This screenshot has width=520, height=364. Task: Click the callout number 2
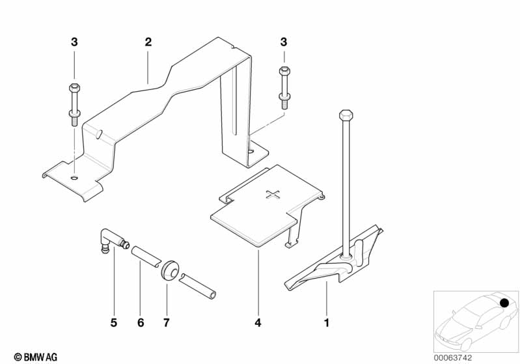[x=148, y=42]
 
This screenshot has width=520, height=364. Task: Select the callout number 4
[x=258, y=322]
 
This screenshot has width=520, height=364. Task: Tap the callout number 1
[x=327, y=322]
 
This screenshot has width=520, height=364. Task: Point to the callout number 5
[x=113, y=322]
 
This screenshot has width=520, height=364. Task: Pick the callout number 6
[x=140, y=322]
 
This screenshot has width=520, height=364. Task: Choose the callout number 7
[x=167, y=322]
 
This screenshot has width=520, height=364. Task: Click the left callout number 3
[x=74, y=42]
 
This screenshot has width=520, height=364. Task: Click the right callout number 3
[x=283, y=42]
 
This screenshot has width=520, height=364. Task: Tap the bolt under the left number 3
[x=73, y=104]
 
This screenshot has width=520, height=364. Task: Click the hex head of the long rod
[x=346, y=116]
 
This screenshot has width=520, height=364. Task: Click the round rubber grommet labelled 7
[x=171, y=268]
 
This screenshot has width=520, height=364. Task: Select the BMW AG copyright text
[x=31, y=356]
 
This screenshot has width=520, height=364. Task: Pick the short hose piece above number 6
[x=144, y=255]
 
